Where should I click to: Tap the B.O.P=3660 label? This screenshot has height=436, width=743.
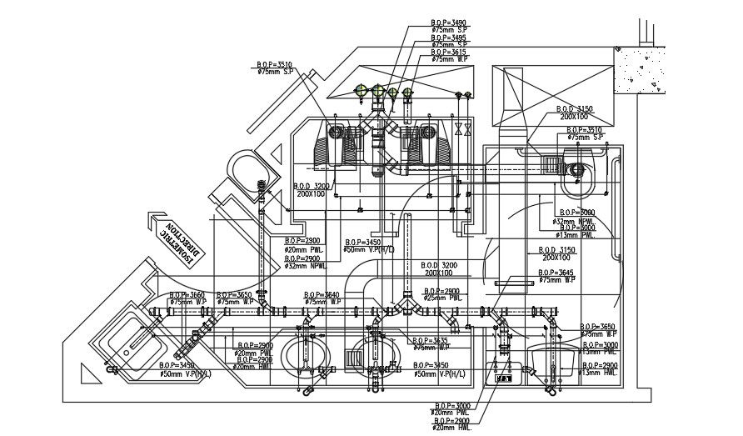pos(187,295)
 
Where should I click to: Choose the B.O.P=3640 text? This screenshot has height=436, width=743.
pos(322,294)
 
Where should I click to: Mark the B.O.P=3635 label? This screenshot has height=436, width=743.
pos(430,340)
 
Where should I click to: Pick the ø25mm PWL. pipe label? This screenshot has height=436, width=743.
pos(442,297)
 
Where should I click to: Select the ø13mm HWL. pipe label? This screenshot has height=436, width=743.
pos(598,373)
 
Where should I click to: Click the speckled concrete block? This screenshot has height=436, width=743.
pos(638,70)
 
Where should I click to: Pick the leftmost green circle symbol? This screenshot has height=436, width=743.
pos(362,92)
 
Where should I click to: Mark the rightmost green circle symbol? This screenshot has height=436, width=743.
pos(407,93)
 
